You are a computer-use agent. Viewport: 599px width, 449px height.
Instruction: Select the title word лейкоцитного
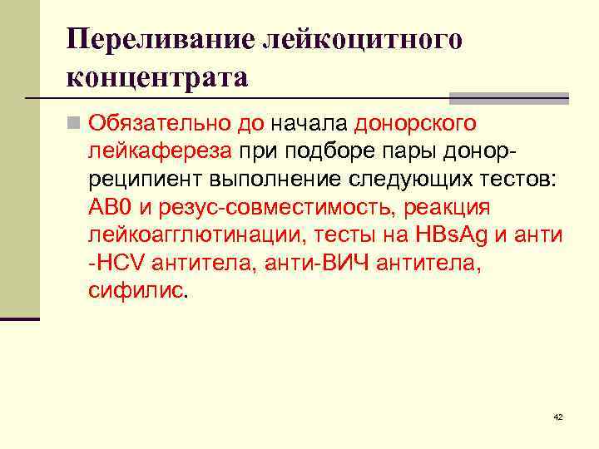click(361, 40)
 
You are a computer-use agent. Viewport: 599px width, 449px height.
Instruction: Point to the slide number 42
click(557, 417)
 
